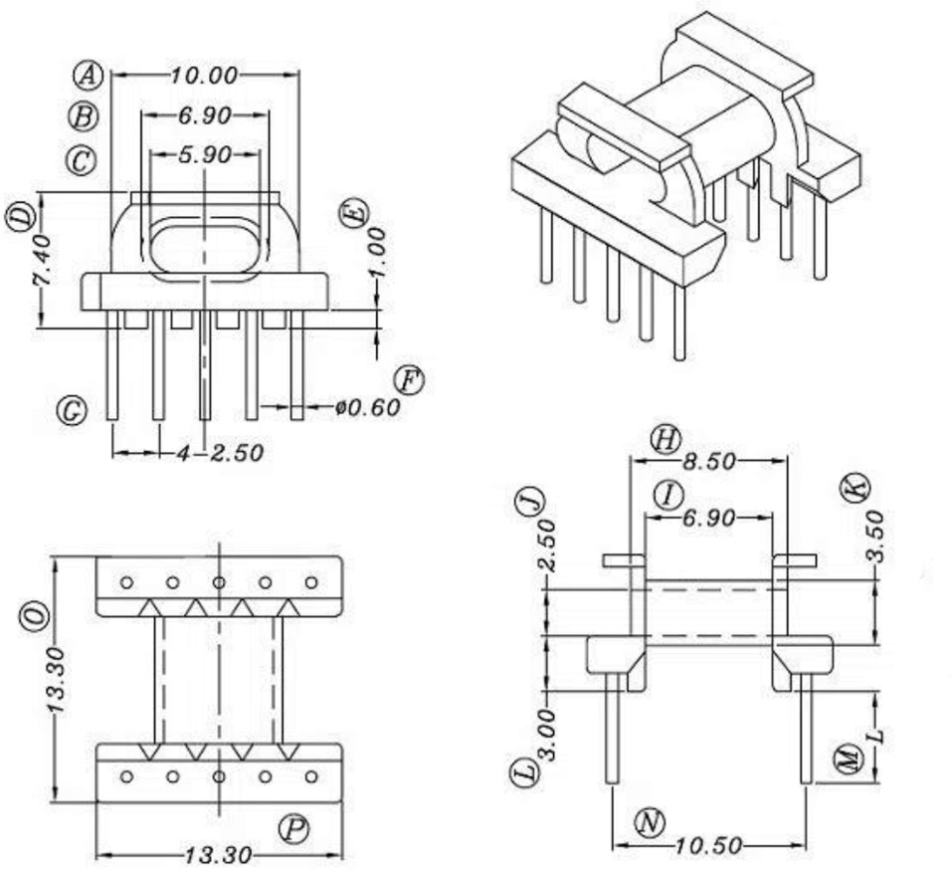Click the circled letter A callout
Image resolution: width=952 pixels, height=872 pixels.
89,74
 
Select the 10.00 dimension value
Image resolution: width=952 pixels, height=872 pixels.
204,75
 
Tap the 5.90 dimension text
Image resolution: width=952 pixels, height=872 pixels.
205,155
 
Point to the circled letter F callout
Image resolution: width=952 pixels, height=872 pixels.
408,379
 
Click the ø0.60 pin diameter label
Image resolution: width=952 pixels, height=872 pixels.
367,407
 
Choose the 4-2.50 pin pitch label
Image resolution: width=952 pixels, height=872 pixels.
221,453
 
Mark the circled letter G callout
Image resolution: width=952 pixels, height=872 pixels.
72,409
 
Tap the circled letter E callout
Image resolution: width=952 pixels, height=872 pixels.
354,213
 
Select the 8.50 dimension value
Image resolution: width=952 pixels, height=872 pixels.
709,462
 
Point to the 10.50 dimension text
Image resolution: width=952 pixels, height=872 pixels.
709,846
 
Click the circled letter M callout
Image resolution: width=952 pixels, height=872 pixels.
848,762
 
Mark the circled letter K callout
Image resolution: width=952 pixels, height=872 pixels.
856,487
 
